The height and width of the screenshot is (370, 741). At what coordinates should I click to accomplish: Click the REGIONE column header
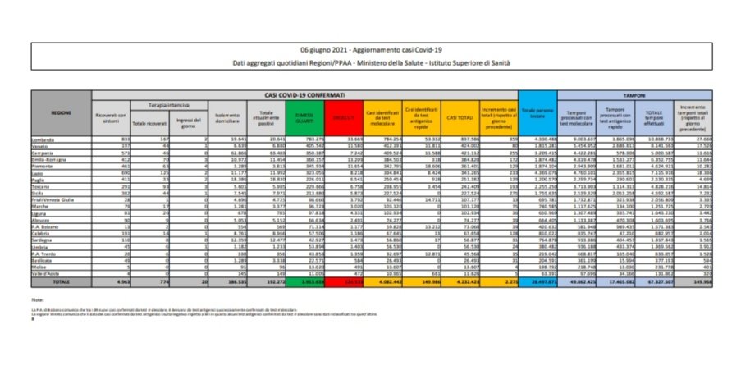pyautogui.click(x=61, y=112)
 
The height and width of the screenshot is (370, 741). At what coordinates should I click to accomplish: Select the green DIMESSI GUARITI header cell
pyautogui.click(x=308, y=118)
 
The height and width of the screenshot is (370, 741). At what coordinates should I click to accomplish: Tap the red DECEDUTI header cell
pyautogui.click(x=342, y=118)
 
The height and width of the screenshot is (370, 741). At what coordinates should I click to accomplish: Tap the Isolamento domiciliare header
pyautogui.click(x=226, y=118)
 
